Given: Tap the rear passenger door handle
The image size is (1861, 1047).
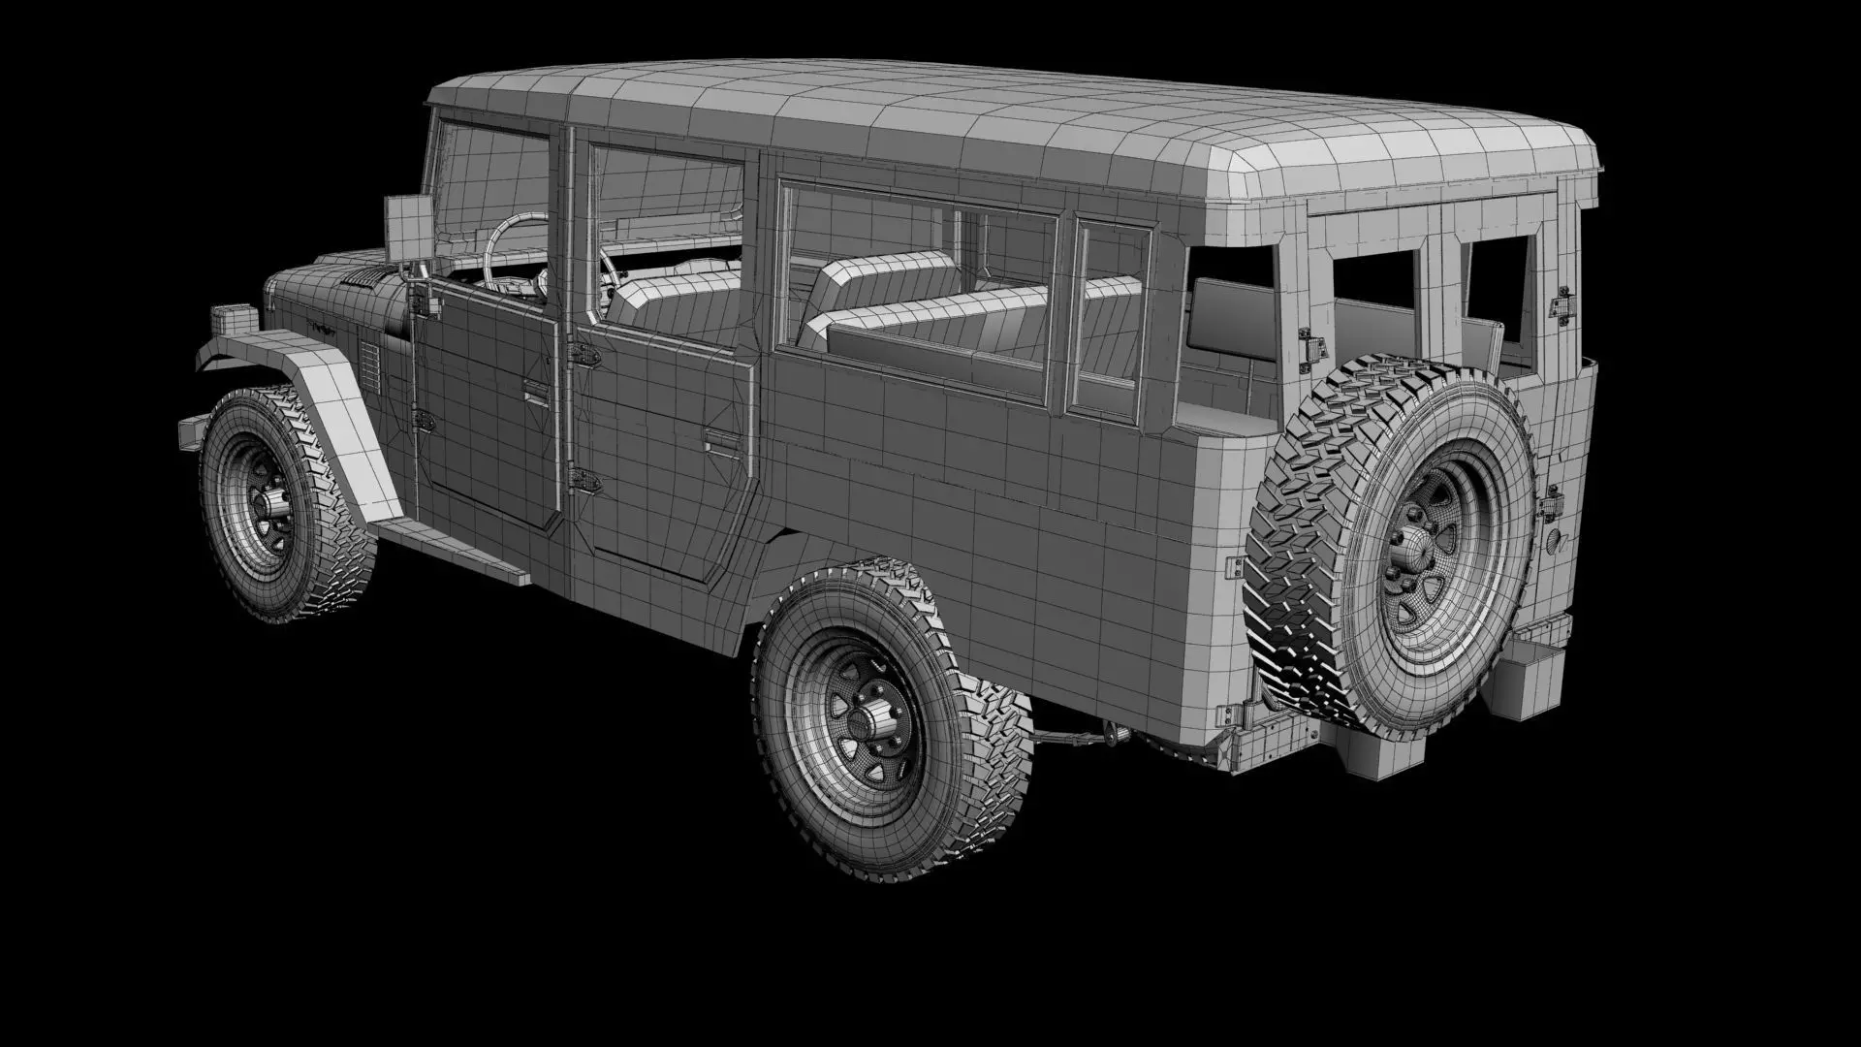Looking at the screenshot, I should pyautogui.click(x=719, y=442).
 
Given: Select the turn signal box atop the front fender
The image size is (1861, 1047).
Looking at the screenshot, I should pyautogui.click(x=234, y=318).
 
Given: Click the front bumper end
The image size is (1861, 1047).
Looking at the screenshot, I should pyautogui.click(x=192, y=432).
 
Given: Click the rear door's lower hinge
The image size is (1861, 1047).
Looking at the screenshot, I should pyautogui.click(x=584, y=479).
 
